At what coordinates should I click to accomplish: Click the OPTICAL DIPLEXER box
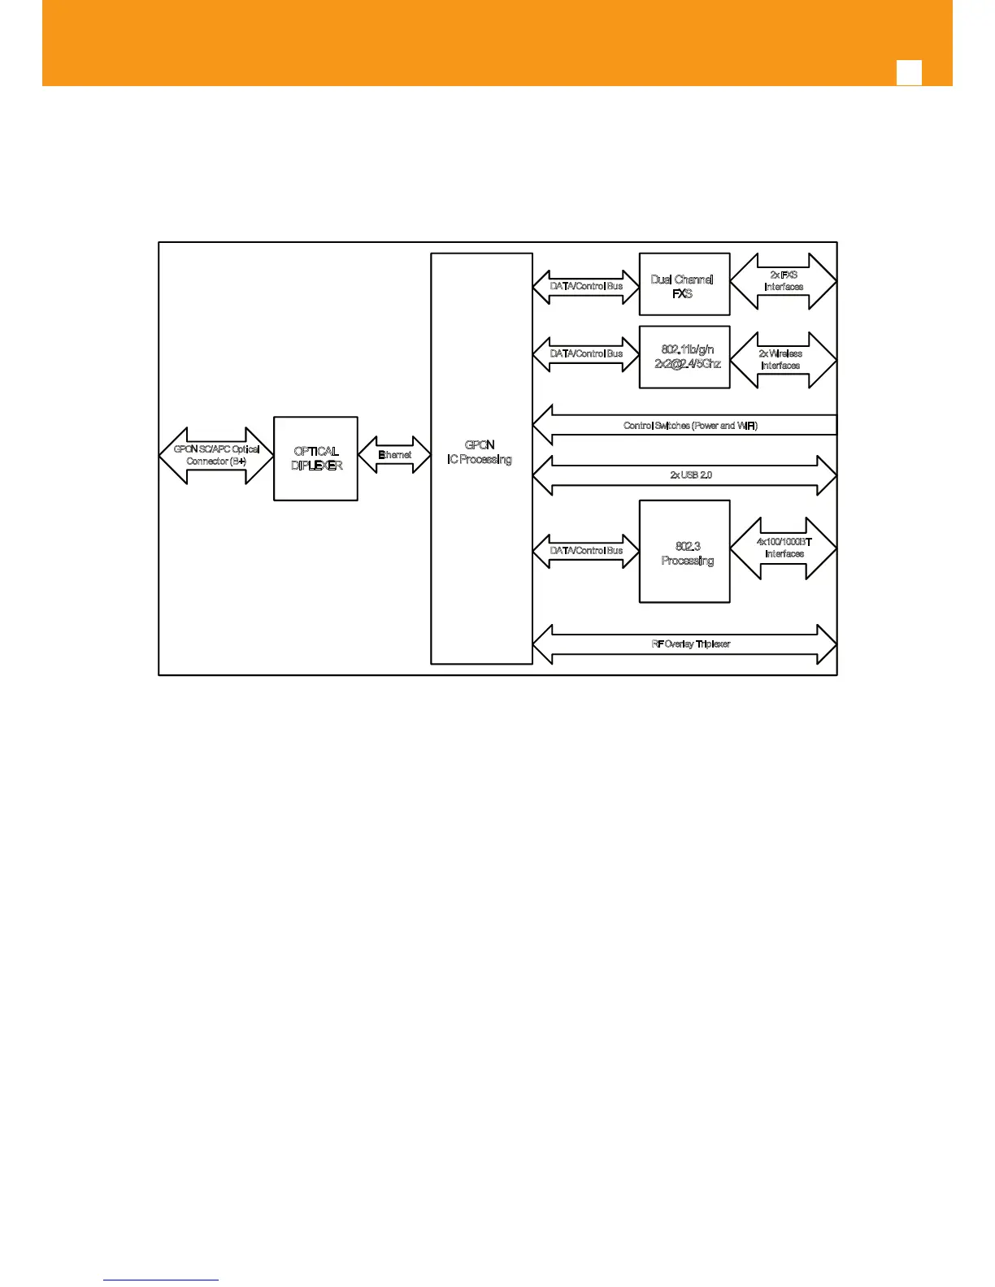[315, 458]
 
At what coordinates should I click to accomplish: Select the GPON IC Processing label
[480, 453]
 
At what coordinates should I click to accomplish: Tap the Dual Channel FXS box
[684, 284]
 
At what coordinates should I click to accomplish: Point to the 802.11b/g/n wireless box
[684, 357]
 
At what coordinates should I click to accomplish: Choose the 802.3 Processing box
[684, 552]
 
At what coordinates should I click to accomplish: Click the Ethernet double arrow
[394, 455]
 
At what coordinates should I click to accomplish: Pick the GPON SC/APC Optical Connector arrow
[216, 456]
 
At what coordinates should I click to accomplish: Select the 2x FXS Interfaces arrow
[784, 281]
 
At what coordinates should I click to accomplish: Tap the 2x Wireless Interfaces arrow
[784, 360]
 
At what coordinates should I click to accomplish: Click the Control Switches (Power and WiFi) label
[691, 426]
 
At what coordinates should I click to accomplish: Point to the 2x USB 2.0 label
[691, 475]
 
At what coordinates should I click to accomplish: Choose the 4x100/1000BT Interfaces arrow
[784, 548]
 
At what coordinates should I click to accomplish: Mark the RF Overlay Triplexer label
[691, 644]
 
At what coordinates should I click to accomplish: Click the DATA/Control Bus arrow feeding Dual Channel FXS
[586, 287]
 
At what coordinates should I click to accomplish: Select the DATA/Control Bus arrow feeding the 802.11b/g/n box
[586, 354]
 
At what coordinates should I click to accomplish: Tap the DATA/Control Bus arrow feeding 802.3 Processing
[586, 551]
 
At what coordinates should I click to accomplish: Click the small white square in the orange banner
[909, 72]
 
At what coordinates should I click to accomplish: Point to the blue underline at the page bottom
[161, 1280]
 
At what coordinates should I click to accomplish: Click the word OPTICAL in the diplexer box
[316, 452]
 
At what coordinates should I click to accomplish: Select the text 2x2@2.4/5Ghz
[688, 364]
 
